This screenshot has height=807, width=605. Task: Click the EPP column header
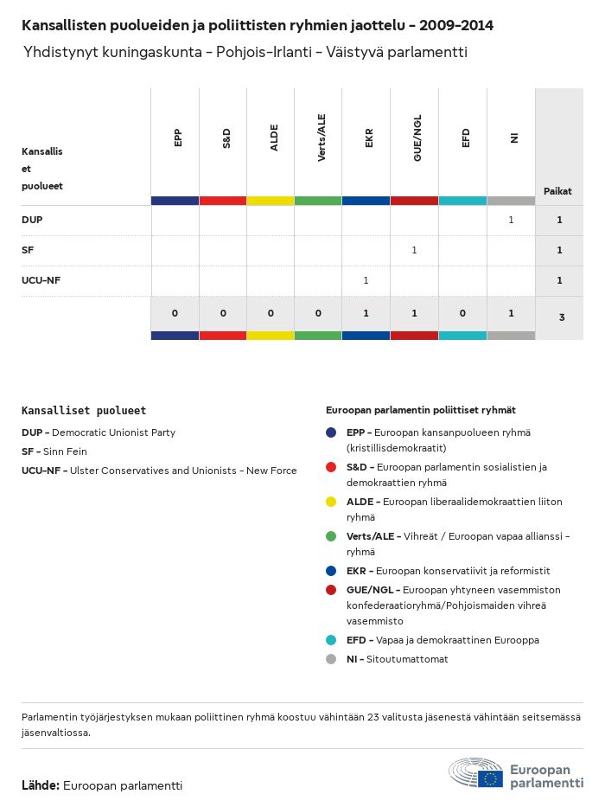177,138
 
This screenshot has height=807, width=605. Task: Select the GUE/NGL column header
417,138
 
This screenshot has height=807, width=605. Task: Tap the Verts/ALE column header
322,138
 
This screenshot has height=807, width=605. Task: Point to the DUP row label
32,220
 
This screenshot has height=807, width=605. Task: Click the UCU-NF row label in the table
41,280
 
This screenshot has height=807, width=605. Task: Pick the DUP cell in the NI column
511,220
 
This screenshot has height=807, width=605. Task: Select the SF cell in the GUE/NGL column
414,250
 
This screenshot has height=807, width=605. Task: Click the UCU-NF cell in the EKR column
366,280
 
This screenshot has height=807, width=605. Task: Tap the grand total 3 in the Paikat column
562,317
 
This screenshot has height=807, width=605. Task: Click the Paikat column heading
557,191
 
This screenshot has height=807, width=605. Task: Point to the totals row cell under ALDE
271,313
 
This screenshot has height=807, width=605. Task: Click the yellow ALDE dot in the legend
331,502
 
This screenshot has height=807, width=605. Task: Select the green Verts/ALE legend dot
331,536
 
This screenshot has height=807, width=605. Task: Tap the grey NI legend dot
331,659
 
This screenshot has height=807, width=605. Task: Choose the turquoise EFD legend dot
331,640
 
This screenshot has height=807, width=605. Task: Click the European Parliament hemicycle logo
475,772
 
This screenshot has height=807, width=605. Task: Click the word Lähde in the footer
41,785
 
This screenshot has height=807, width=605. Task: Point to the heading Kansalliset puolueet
84,411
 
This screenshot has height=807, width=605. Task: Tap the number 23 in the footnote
374,717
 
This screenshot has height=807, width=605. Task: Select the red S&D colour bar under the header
223,201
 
